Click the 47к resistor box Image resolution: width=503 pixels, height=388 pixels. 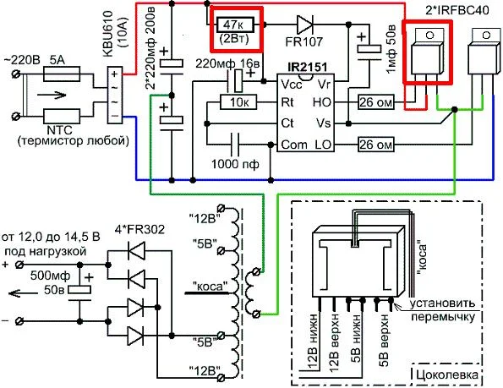click(x=235, y=25)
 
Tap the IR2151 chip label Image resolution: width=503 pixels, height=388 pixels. click(x=308, y=67)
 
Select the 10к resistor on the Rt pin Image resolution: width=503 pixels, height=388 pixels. click(x=238, y=102)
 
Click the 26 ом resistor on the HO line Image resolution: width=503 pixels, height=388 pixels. click(x=375, y=102)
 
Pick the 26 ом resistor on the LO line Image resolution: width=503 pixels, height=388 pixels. click(x=375, y=145)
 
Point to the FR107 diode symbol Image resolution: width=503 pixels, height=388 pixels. click(x=304, y=25)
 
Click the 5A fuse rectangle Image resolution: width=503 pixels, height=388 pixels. click(x=61, y=74)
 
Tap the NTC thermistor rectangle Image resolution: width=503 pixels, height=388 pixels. click(x=62, y=116)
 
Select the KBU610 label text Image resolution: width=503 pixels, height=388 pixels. click(x=108, y=34)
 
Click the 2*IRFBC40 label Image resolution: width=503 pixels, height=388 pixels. click(x=457, y=10)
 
